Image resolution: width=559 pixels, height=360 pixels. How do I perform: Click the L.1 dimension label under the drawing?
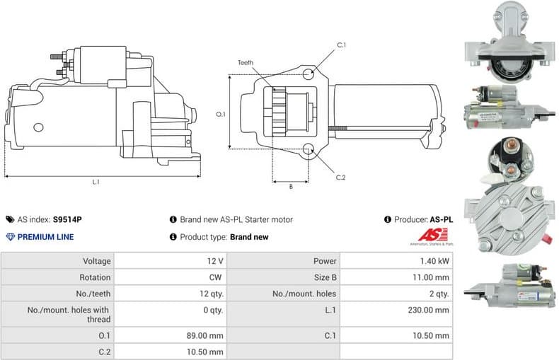pos(96,182)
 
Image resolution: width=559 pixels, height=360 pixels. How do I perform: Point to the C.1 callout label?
pos(341,45)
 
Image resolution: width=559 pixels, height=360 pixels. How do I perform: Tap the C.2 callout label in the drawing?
pos(340,177)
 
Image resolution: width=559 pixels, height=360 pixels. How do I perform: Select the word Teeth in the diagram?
pos(246,63)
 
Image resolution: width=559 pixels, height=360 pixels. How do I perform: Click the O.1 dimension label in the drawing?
pos(220,114)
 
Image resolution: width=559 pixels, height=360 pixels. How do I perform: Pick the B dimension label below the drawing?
pos(291,187)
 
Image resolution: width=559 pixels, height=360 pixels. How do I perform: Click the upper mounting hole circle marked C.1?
pos(308,74)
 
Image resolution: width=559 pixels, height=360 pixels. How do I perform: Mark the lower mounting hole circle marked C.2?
pos(308,150)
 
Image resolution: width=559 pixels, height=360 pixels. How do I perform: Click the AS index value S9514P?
pos(68,220)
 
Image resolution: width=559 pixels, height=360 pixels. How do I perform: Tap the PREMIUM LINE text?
pos(45,237)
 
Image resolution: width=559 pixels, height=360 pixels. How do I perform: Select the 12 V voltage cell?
pos(215,261)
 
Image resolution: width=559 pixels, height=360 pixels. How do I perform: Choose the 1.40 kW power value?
pos(434,261)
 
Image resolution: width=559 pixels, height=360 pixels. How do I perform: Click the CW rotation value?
pos(217,277)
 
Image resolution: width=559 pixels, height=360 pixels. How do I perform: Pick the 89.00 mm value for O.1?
pos(204,335)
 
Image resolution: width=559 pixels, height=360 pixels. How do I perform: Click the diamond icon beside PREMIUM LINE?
pos(10,237)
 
